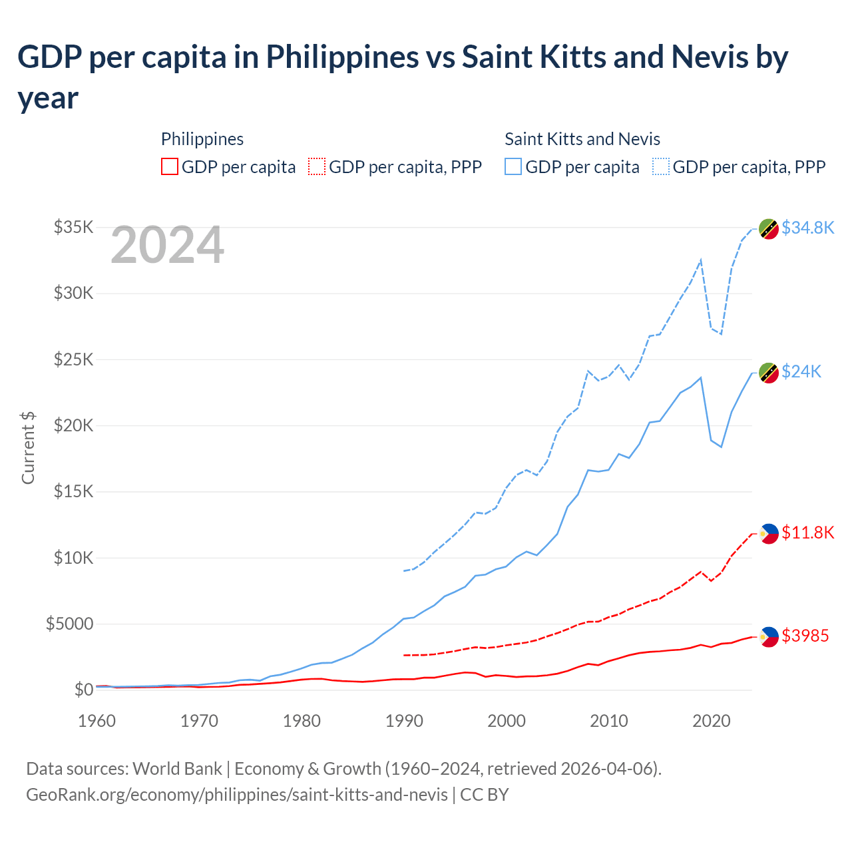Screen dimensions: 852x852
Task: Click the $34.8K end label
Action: [807, 228]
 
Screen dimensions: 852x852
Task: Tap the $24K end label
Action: [801, 371]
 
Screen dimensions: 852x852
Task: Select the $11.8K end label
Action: [807, 532]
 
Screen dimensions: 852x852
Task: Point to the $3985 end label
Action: [805, 636]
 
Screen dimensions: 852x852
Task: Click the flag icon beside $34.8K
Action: [769, 228]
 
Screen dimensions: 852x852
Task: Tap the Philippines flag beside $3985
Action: [769, 636]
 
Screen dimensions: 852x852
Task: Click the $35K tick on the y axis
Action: [73, 227]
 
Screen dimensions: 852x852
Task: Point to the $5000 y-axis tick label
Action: [69, 624]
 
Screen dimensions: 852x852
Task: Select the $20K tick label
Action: [73, 425]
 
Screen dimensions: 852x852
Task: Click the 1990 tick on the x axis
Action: [404, 721]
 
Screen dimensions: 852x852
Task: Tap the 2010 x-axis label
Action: [609, 721]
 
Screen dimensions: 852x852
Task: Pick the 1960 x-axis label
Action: [97, 721]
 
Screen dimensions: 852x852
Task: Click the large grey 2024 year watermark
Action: [167, 245]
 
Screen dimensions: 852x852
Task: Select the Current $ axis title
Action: [28, 447]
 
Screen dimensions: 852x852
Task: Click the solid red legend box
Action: [170, 166]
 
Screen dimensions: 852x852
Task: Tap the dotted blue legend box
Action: [661, 166]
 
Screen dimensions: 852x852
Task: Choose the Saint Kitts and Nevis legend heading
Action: [582, 139]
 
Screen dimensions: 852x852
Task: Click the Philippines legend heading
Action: [202, 139]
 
